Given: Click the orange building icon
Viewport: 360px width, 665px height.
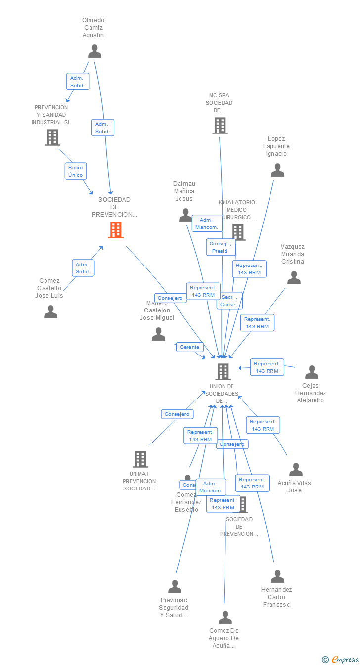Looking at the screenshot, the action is [x=116, y=230].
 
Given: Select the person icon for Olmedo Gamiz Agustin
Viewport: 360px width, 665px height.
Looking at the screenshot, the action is [x=94, y=51].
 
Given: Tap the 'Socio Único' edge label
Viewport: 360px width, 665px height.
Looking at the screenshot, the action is [x=76, y=171].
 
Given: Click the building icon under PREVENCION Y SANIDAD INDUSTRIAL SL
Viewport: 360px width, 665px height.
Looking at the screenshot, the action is [x=52, y=137].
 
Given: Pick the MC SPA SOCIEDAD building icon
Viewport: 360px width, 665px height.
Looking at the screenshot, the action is [x=220, y=126].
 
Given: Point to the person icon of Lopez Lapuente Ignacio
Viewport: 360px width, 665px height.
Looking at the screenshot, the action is [x=277, y=170].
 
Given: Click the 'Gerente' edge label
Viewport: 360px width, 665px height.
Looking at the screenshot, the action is [x=190, y=347].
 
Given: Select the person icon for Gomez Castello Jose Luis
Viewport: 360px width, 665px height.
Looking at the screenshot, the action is [x=50, y=312].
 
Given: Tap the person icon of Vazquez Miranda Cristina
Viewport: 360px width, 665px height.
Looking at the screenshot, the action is [x=294, y=278].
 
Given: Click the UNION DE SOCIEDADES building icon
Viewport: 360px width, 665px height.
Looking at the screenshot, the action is [x=223, y=371].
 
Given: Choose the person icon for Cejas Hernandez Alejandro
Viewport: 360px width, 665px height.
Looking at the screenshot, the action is [x=312, y=372].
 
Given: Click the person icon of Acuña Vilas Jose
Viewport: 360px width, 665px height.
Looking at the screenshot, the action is [x=296, y=470].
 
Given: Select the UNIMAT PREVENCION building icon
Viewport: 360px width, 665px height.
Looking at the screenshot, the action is [x=140, y=459].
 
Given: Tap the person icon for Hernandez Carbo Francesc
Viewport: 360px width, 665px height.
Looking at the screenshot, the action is [x=277, y=576].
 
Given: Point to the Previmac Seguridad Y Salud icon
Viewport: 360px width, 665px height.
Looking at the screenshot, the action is [x=175, y=587].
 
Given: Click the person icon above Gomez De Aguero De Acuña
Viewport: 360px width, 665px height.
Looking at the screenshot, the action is [x=225, y=618].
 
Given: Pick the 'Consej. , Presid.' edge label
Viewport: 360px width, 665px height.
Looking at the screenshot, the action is [x=221, y=247].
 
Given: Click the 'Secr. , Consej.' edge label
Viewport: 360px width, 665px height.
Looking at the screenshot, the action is [x=229, y=301].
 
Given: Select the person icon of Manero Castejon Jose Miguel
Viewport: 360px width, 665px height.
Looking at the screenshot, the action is [x=158, y=335].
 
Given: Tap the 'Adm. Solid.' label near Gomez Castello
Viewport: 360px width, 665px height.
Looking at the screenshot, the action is [x=83, y=268].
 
